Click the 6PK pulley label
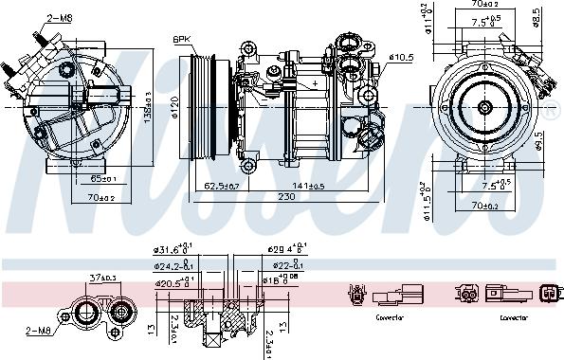[182, 39]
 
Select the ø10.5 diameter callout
[401, 58]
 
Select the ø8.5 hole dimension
[537, 17]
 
